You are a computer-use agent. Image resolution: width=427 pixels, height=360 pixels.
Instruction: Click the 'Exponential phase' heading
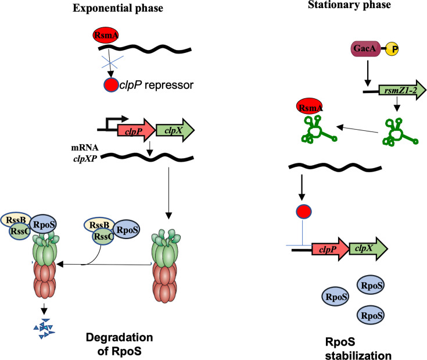[118, 8]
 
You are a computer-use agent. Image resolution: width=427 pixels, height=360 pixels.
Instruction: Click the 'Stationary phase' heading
[349, 5]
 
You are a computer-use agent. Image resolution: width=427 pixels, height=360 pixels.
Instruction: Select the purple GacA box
[365, 49]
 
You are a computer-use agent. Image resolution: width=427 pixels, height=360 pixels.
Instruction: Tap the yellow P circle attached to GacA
[392, 49]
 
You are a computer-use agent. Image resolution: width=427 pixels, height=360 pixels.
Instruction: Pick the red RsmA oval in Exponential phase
[106, 35]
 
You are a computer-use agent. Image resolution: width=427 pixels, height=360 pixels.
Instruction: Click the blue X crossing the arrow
[112, 62]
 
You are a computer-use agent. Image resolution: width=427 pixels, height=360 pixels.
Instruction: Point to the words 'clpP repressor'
[156, 85]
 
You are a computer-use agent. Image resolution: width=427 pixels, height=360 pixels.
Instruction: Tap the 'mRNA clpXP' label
[85, 153]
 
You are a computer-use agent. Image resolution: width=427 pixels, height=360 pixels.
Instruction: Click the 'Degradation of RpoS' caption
[119, 344]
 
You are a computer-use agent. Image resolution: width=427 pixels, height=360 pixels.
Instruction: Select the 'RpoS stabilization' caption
[358, 348]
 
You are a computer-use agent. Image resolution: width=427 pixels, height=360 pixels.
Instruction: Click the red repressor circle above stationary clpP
[304, 212]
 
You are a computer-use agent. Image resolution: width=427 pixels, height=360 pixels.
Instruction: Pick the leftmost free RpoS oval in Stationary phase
[336, 297]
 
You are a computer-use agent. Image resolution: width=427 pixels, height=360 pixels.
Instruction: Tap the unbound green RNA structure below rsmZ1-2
[399, 132]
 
